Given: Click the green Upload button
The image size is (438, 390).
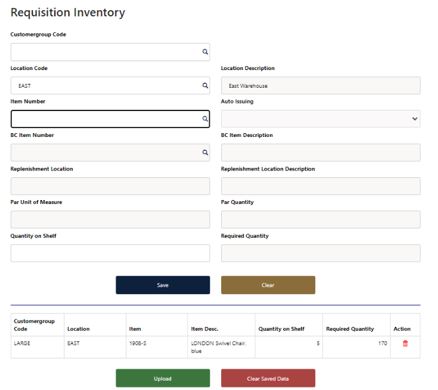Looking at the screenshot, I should point(162,379).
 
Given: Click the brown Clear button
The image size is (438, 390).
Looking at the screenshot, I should point(268,285).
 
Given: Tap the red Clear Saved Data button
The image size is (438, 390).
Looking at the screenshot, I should point(268,379).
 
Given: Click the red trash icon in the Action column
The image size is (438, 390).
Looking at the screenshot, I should point(405,343).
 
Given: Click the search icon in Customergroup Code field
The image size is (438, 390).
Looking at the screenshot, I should point(205,52).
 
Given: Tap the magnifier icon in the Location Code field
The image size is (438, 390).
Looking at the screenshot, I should point(205,86).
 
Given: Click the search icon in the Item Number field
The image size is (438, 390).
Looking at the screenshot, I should point(205,119).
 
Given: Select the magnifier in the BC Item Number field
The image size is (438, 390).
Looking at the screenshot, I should point(205,153).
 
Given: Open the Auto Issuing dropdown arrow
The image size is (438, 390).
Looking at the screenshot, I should point(415,119).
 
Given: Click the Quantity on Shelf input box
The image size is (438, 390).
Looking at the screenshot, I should point(110,253).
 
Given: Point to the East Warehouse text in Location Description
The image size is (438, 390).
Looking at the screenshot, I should point(248,86).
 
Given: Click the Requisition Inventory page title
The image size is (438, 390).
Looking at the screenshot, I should point(68,13).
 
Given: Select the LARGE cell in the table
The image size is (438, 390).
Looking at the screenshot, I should point(22,343).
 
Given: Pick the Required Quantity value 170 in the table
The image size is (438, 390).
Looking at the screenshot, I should point(382,343).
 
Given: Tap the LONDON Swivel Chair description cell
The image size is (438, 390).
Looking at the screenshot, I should point(218,347).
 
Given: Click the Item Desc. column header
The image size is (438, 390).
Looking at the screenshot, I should point(205,329).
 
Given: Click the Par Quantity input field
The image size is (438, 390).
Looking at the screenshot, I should point(320,220).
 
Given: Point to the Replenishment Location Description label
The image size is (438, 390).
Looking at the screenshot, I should point(267,169).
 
